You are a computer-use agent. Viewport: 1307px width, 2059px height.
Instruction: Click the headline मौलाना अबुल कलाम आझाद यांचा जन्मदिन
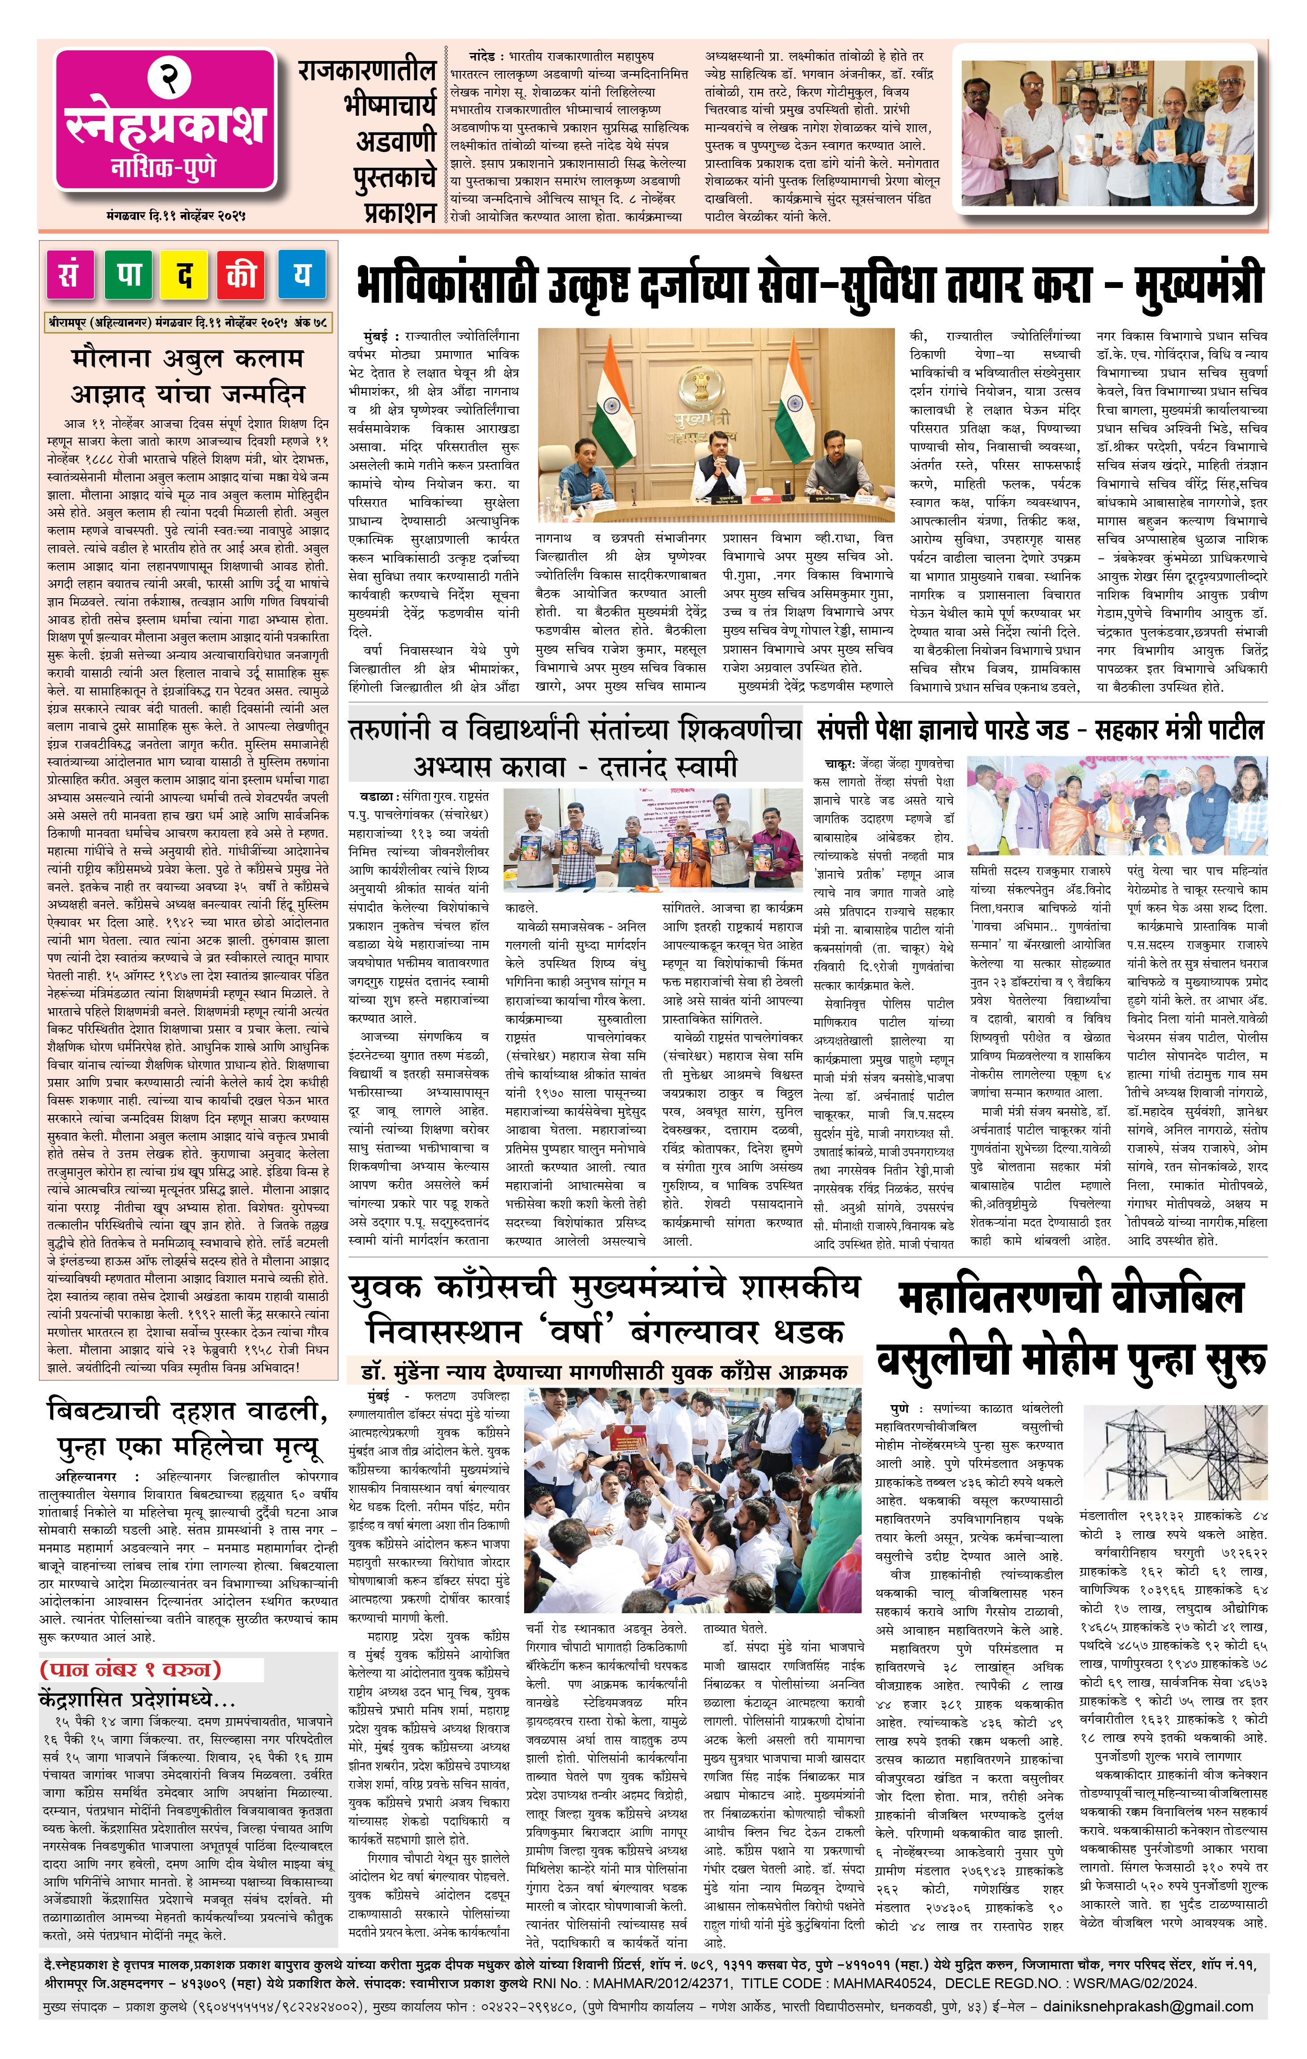tap(187, 376)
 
